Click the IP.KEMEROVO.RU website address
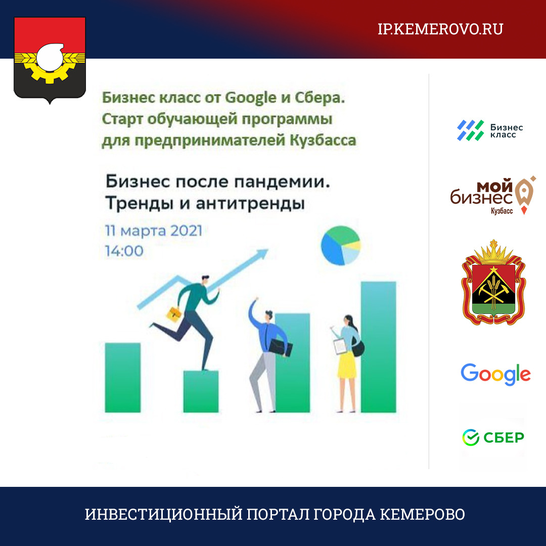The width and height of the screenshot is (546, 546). pos(440,29)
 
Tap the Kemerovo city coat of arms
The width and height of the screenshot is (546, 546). pos(50,60)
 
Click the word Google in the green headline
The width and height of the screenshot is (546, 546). pos(251,98)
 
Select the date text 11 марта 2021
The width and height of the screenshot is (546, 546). pos(154,231)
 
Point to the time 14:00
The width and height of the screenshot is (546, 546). pos(124,251)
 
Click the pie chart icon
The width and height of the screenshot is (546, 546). pos(341,245)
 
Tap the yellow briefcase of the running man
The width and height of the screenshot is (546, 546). pos(174,314)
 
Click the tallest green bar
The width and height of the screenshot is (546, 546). pos(379,347)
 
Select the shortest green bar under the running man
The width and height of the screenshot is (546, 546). pos(201,391)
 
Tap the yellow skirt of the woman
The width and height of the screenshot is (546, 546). pos(347,365)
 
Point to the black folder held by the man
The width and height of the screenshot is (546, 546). pos(280,347)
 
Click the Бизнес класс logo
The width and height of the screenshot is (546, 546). pos(489,130)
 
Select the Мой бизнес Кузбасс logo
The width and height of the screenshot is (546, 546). pos(493,195)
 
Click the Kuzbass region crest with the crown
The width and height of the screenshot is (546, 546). pos(493,283)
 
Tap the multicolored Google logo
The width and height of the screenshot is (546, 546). pos(495,374)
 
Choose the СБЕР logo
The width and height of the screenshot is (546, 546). pos(493,437)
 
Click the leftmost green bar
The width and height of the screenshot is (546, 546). pos(123,378)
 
